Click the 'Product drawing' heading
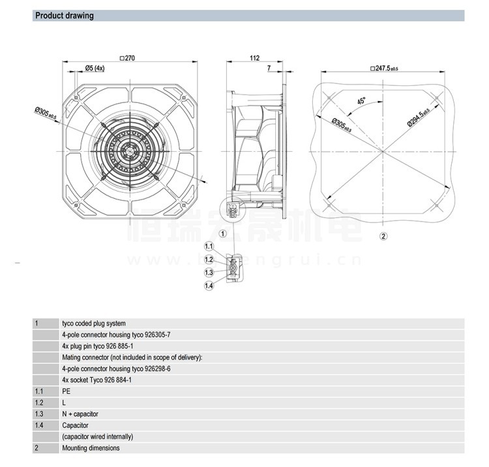tap(64, 16)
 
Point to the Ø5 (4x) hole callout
tap(95, 68)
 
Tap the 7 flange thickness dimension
tap(268, 68)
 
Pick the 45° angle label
tap(361, 102)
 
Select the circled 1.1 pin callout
tap(209, 246)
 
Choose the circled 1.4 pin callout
tap(209, 286)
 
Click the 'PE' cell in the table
tap(66, 391)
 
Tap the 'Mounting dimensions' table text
tap(91, 448)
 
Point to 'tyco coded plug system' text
tap(94, 323)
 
